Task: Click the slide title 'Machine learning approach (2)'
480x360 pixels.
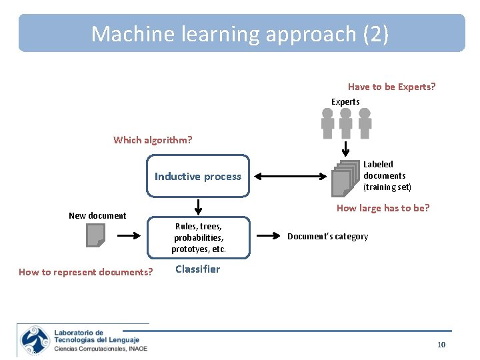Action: (x=240, y=33)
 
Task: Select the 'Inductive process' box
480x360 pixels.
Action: (x=198, y=176)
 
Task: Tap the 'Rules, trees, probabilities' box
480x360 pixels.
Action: (x=198, y=237)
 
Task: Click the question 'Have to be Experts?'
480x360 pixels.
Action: (x=391, y=87)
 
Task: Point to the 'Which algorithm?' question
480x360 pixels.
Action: (x=153, y=140)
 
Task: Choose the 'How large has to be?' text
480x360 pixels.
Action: (x=383, y=208)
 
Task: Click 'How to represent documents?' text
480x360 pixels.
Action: (x=86, y=272)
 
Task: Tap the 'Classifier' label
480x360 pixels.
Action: (x=197, y=269)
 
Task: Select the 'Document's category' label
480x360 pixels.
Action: (x=327, y=237)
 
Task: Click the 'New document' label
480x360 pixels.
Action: (x=97, y=215)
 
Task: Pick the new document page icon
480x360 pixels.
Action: (x=95, y=235)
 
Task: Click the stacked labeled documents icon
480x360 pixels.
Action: (x=345, y=177)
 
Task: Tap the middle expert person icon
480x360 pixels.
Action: (x=345, y=123)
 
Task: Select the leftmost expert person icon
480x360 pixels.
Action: (x=327, y=123)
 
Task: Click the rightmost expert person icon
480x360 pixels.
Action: (x=364, y=123)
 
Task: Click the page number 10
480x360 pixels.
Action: (x=441, y=345)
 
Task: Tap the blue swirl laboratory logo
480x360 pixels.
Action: (x=35, y=340)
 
